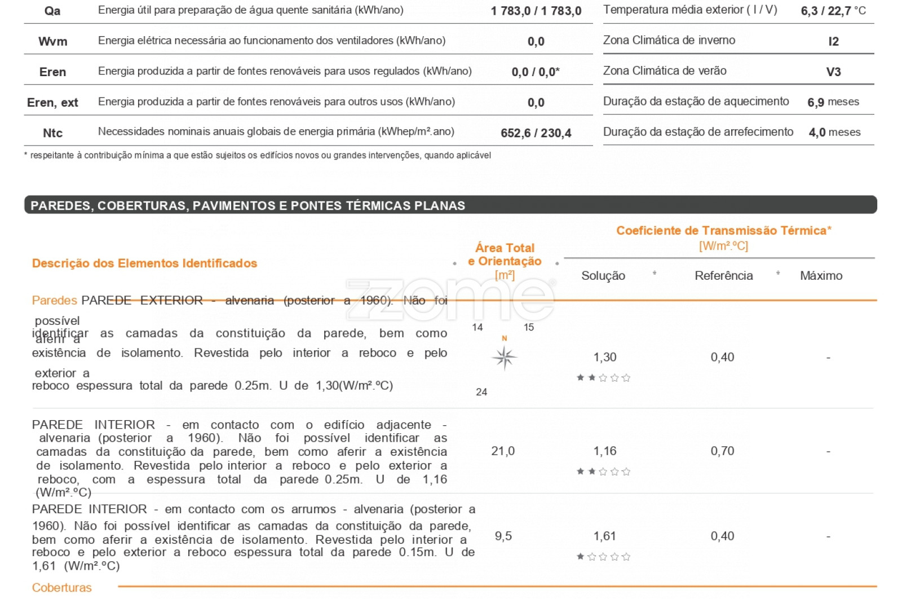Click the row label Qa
(52, 11)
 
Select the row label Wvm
(53, 41)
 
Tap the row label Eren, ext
(52, 102)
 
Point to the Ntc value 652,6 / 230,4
(536, 133)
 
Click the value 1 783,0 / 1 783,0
(536, 11)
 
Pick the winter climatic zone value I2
(833, 41)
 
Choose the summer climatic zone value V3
(833, 72)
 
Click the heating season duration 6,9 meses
(833, 102)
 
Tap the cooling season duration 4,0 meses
(834, 133)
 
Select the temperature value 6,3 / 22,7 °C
(833, 11)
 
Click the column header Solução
(603, 276)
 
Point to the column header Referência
(723, 276)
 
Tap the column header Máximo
(821, 276)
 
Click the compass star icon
(504, 358)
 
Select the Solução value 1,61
(604, 536)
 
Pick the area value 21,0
(503, 451)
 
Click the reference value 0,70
(722, 451)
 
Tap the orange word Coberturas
(61, 588)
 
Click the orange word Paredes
(55, 300)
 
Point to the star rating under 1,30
(603, 377)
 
